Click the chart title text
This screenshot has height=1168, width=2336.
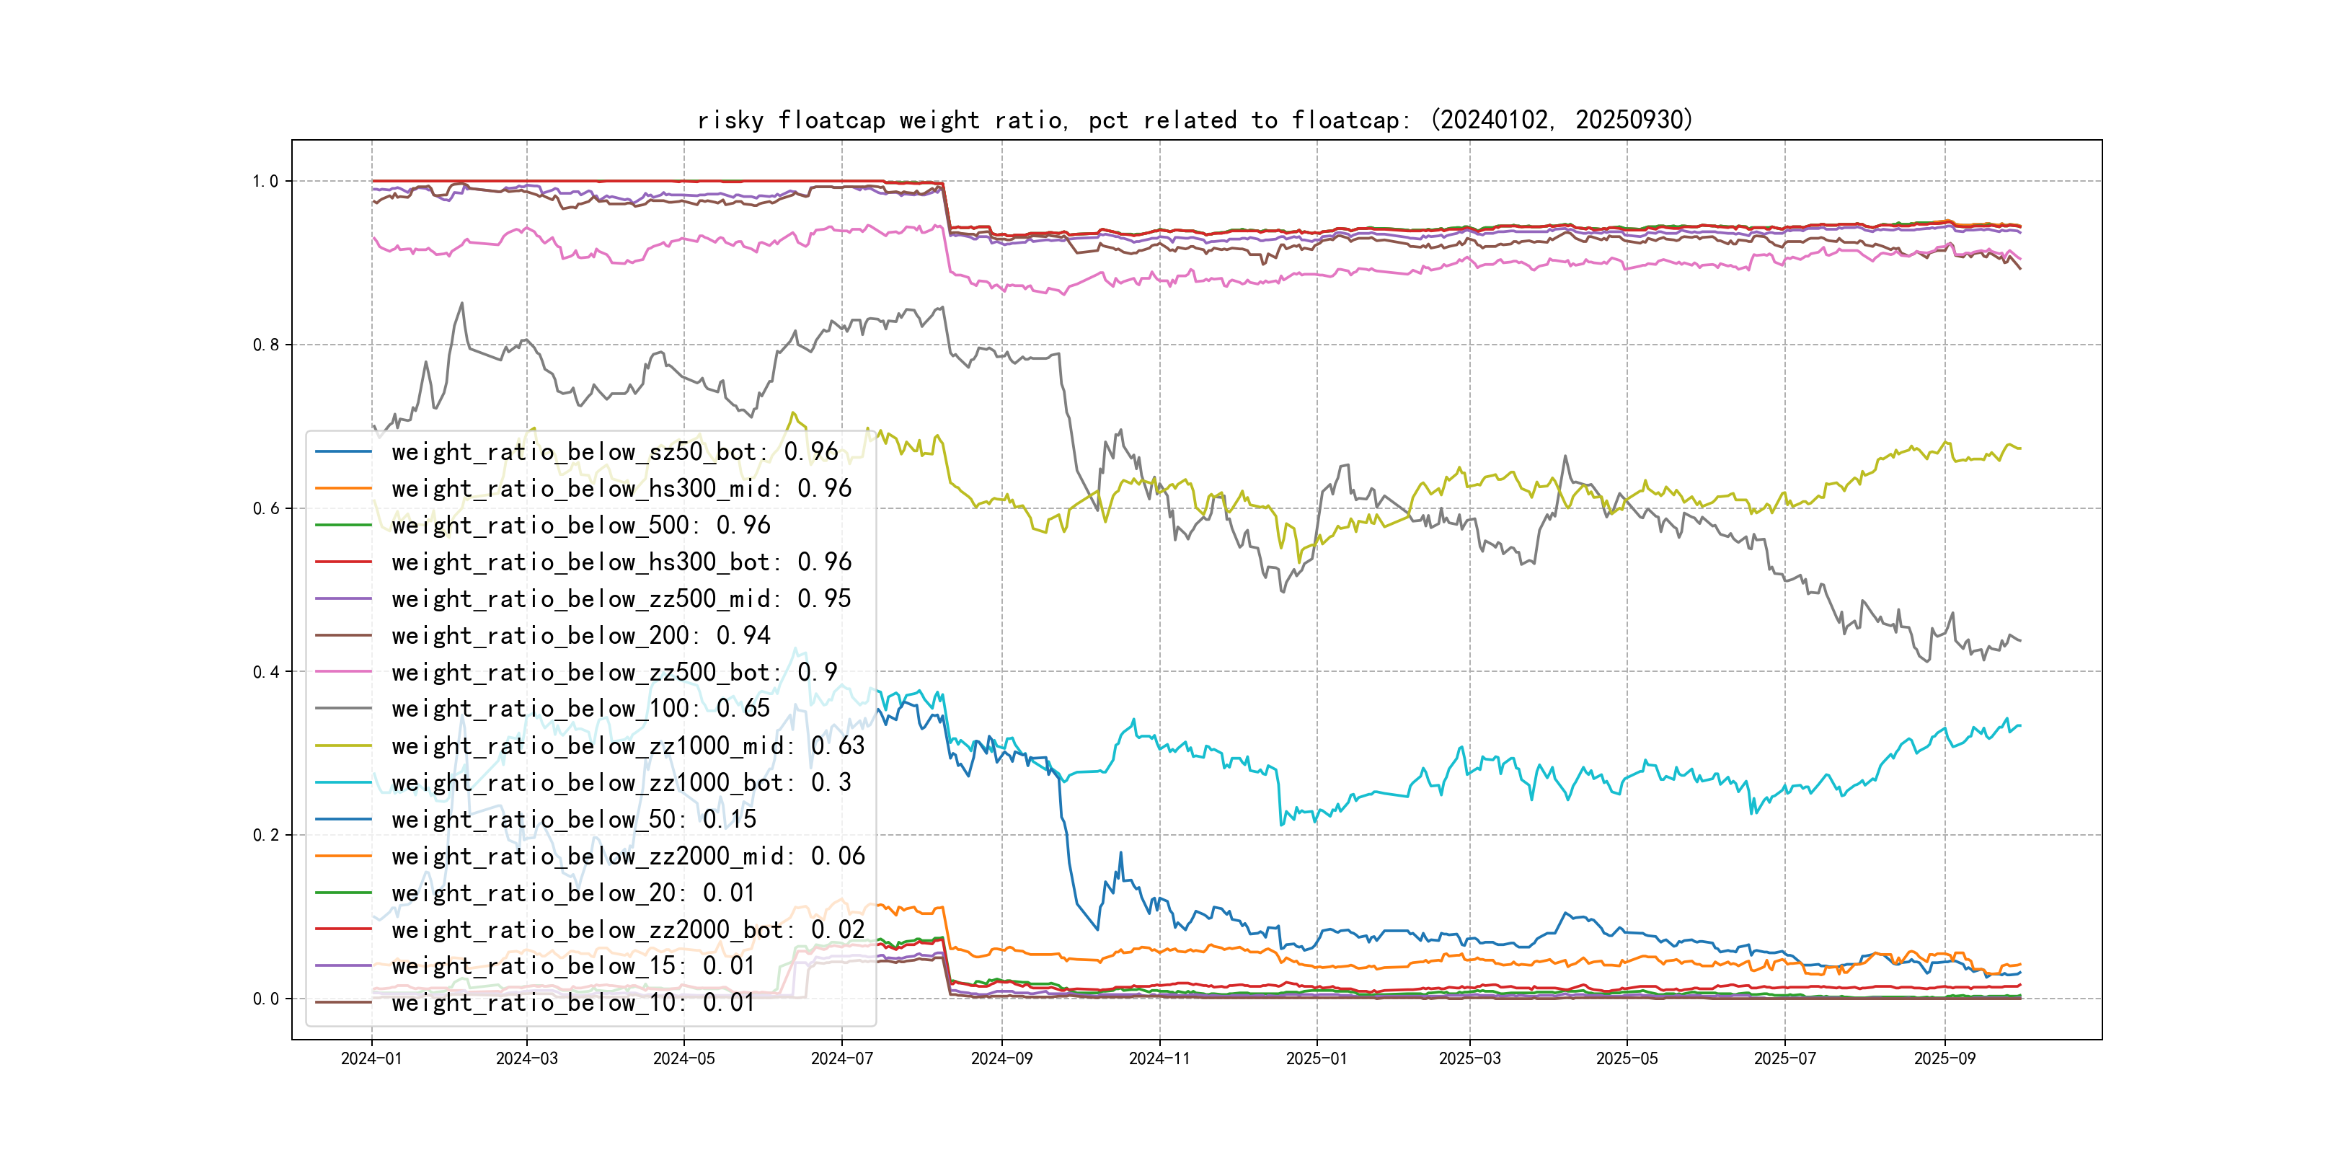point(1194,120)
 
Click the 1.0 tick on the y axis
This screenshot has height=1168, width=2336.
point(265,182)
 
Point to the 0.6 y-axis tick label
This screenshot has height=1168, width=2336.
point(265,509)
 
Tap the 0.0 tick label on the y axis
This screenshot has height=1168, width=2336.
point(265,999)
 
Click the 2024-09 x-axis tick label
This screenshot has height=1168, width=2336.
point(1001,1059)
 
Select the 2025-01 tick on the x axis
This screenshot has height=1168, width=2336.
point(1316,1059)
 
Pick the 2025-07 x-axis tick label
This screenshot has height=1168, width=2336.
point(1784,1059)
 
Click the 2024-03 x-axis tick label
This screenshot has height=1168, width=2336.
point(527,1059)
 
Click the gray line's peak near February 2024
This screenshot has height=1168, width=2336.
point(462,304)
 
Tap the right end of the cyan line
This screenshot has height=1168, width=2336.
point(2019,726)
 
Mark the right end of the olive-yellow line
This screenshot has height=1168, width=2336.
point(2019,448)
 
